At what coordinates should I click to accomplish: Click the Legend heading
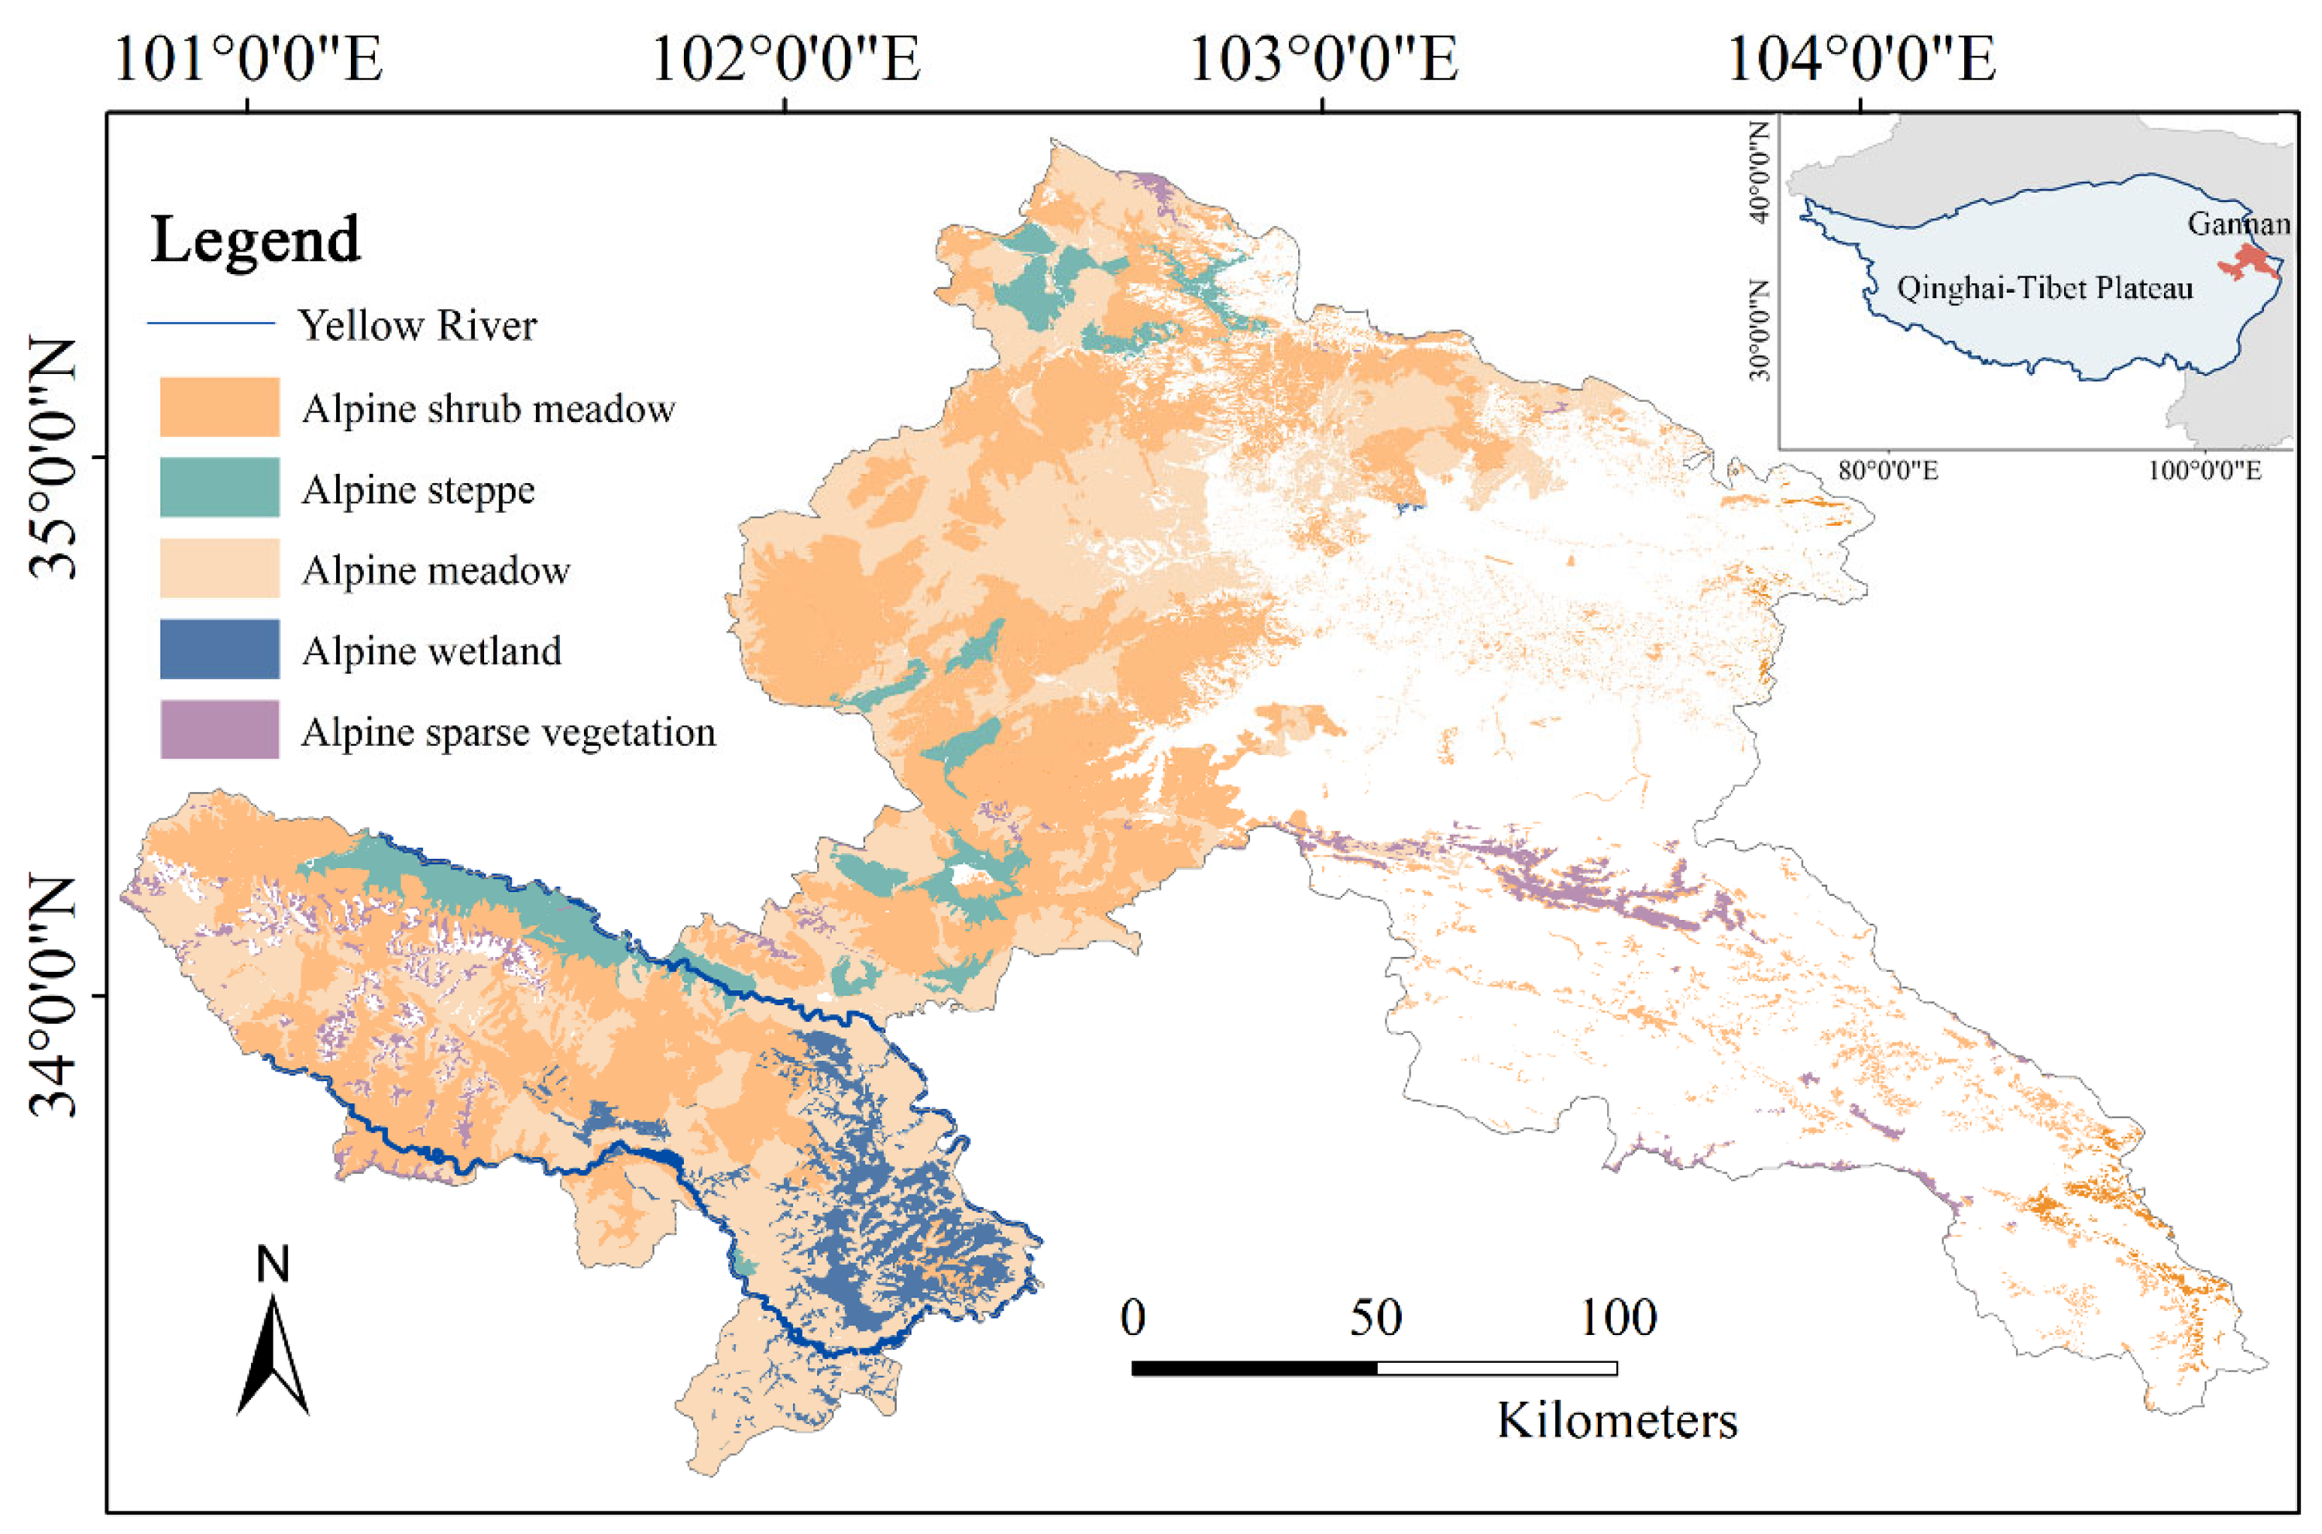256,240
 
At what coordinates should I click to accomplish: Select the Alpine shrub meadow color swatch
219,407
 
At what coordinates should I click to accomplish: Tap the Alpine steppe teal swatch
219,487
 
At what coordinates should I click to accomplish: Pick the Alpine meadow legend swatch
219,568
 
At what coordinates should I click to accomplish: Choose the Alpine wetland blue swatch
219,649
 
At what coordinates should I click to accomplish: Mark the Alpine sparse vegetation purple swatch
219,729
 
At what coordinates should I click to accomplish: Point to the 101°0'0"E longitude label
248,59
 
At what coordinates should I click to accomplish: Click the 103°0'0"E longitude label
1322,59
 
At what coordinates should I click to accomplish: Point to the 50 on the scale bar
1375,1318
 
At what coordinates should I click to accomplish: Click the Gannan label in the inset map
2238,224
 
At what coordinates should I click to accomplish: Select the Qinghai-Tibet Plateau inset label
2044,289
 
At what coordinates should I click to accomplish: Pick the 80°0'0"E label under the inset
1887,471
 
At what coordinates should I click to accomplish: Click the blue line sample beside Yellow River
211,323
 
